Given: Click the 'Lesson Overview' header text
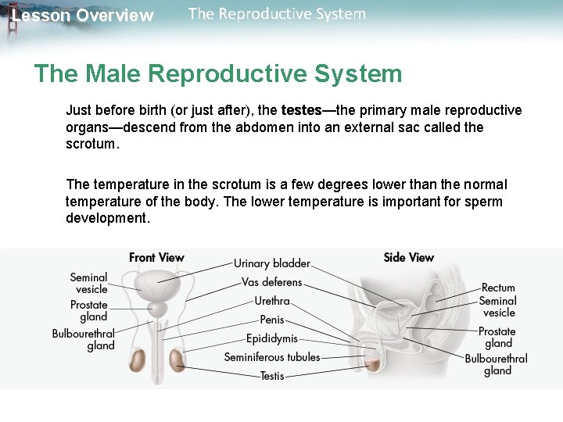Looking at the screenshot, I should pos(83,16).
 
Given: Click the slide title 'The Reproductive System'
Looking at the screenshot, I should pos(277,14).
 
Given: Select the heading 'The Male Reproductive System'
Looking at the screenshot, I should pos(217,74).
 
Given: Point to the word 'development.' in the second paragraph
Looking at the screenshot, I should pos(107,218).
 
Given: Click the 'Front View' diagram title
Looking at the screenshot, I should pos(156,257).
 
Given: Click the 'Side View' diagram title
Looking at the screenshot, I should pos(408,257).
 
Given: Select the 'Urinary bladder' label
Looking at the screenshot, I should pos(271,263).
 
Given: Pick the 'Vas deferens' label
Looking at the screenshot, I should pos(271,282).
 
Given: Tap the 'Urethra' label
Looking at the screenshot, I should pos(272,301).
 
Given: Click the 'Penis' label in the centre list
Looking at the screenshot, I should pos(272,320).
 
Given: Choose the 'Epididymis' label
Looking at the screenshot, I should pos(271,338).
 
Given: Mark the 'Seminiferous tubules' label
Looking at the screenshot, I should pos(271,357).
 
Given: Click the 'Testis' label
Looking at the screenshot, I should pos(272,376).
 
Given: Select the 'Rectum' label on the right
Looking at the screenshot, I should pos(497,288).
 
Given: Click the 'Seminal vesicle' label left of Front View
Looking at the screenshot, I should pos(88,283).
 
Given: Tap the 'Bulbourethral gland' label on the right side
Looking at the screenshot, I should pos(497,364).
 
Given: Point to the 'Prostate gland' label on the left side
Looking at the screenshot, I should pos(88,310).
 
